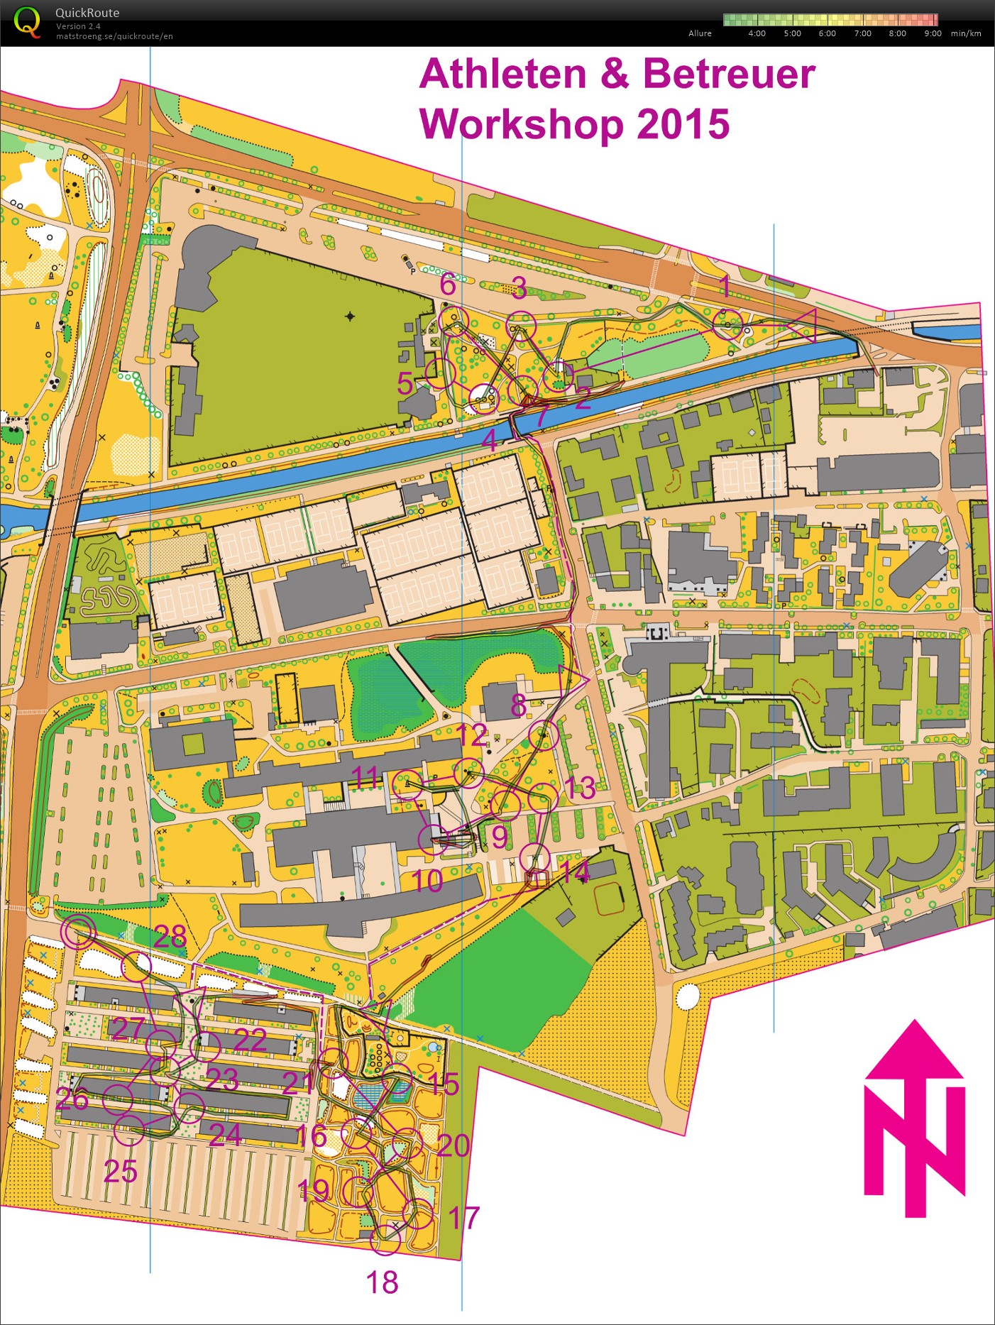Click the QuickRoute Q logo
point(26,22)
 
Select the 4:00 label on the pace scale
point(757,33)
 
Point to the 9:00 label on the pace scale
point(933,33)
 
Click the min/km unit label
point(966,33)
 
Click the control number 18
point(382,1282)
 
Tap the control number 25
point(120,1171)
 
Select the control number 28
point(170,937)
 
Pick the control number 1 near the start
point(725,285)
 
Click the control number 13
point(580,788)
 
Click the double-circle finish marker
point(77,931)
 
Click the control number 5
point(405,384)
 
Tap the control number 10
point(427,881)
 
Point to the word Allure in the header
point(700,33)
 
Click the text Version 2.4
point(78,26)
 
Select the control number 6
point(448,285)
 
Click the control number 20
point(453,1145)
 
